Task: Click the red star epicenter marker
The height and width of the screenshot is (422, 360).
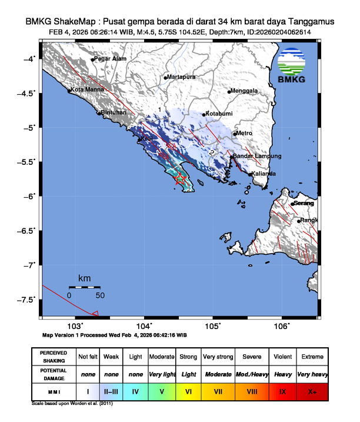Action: tap(181, 178)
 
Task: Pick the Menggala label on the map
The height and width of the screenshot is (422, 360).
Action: tap(245, 91)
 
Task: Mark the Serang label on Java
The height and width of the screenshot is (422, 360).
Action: tap(305, 203)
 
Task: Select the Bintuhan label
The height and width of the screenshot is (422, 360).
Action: tap(114, 112)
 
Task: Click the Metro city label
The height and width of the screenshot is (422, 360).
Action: tap(245, 134)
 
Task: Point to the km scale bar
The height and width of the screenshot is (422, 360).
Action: tap(85, 287)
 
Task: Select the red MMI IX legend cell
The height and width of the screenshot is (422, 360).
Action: tap(284, 390)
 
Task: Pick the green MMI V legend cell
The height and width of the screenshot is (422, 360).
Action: tap(162, 390)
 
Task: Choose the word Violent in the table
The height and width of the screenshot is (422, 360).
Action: tap(284, 357)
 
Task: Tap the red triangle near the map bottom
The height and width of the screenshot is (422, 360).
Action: tap(95, 314)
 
